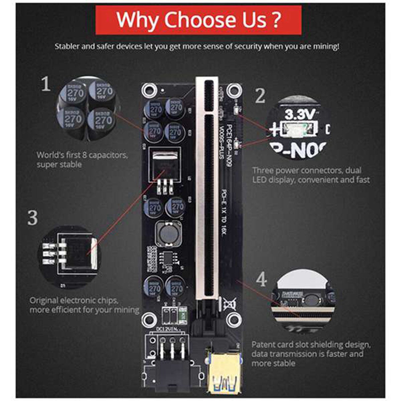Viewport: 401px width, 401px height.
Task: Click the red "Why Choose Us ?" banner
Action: (198, 20)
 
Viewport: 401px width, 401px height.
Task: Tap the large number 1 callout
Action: (46, 84)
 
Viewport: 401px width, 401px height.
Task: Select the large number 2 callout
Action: (259, 96)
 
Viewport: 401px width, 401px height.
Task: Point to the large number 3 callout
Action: (33, 218)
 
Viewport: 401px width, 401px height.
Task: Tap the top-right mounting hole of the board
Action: (231, 91)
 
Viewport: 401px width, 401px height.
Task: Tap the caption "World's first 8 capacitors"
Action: (79, 155)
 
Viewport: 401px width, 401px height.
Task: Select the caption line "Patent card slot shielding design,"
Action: (311, 345)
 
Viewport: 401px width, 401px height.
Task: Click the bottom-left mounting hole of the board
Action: (148, 318)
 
